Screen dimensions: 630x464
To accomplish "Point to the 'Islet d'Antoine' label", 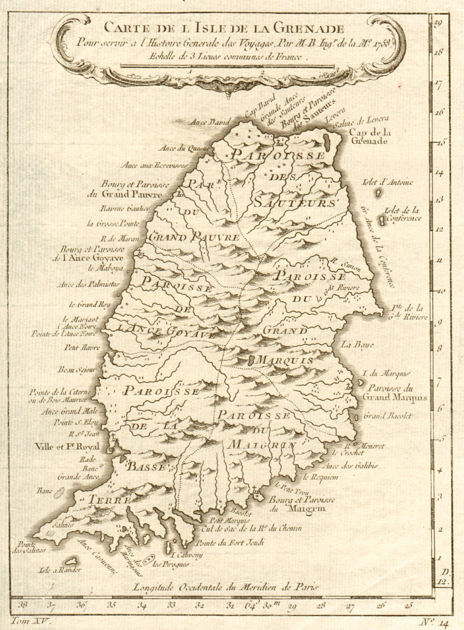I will tap(389, 182).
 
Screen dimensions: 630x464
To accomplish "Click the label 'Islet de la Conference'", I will tap(402, 215).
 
